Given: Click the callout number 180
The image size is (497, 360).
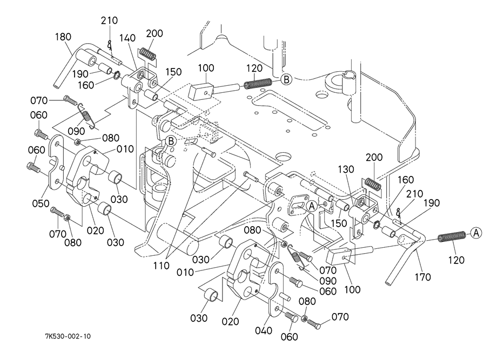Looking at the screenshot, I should coord(63,37).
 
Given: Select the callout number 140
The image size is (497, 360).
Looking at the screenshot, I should coord(128,38).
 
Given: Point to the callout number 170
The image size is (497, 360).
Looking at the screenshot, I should coord(422,277).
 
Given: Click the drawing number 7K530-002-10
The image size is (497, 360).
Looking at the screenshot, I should coord(68,336).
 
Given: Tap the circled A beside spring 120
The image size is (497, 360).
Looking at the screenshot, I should coord(475,233).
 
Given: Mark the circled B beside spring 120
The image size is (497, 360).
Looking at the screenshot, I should coord(286,79).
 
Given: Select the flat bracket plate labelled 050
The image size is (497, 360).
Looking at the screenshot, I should coord(57,165).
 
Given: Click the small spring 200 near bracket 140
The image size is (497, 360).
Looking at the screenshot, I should coord(147,53).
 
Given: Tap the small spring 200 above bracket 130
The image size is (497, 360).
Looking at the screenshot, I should coord(372,184).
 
